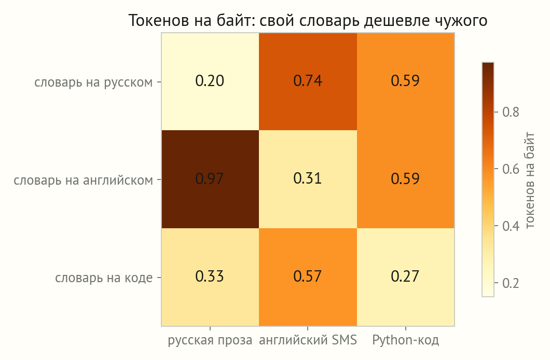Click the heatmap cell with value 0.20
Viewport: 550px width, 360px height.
(210, 81)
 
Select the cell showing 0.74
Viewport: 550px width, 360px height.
(308, 81)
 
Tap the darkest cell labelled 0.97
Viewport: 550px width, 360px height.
(210, 179)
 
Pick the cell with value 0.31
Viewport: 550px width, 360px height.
(308, 179)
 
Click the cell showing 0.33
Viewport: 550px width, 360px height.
(210, 277)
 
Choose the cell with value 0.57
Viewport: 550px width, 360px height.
(308, 277)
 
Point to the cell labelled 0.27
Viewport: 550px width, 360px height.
(405, 277)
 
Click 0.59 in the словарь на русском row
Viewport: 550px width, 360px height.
(405, 81)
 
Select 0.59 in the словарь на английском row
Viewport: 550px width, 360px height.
(405, 179)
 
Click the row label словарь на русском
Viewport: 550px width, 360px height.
(93, 82)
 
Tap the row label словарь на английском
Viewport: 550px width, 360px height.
(84, 180)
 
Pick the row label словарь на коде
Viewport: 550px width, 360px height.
(104, 278)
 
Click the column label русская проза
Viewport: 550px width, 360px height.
(210, 340)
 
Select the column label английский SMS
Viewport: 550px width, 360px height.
(308, 340)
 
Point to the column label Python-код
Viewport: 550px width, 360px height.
(405, 340)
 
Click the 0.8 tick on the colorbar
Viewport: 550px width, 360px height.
(511, 112)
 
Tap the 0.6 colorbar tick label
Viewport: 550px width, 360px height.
(511, 169)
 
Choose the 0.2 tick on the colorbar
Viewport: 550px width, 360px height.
(511, 283)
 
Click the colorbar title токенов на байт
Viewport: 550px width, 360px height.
(530, 180)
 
